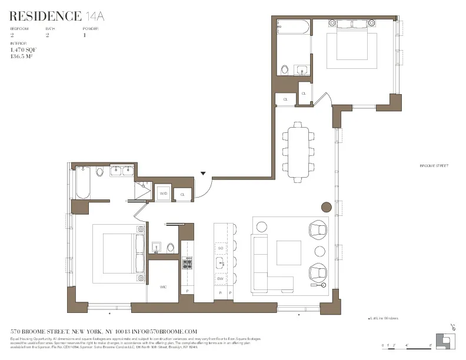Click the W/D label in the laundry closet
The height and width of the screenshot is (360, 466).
click(x=164, y=194)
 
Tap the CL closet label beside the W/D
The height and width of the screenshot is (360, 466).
click(x=182, y=194)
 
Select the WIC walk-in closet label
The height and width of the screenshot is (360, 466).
click(x=163, y=286)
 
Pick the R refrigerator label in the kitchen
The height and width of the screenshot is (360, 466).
click(x=219, y=292)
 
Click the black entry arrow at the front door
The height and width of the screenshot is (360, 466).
click(x=204, y=174)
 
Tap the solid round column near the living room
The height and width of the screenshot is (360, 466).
click(x=326, y=207)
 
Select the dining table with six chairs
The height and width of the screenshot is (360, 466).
click(x=296, y=151)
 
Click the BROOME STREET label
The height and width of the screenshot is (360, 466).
click(x=434, y=166)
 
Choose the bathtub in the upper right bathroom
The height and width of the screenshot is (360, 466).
click(x=290, y=26)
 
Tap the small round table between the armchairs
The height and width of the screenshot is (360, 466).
click(x=319, y=251)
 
